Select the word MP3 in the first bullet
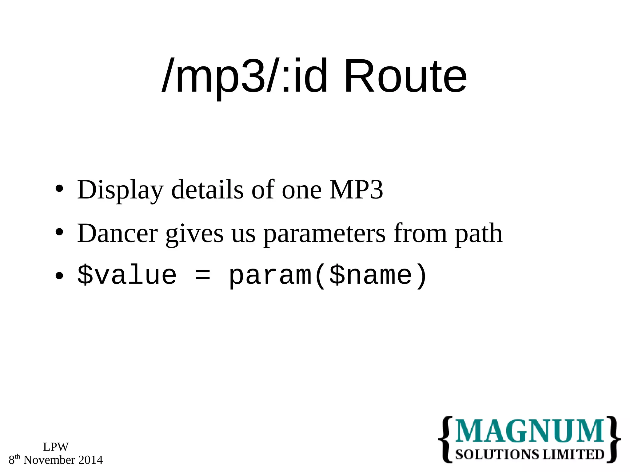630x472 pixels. click(356, 190)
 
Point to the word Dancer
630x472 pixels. click(117, 234)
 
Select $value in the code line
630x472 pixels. click(127, 275)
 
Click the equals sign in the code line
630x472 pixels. click(203, 275)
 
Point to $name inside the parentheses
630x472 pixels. click(370, 275)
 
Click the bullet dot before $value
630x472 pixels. click(59, 276)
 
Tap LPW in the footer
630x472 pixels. click(56, 447)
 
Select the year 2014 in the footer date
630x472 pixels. click(90, 460)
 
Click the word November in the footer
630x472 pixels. click(49, 460)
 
